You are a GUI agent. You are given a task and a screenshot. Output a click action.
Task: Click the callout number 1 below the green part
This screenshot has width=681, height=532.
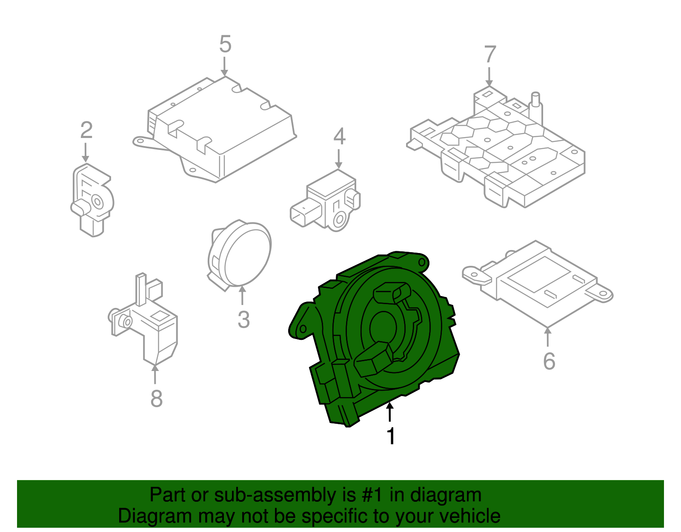tap(390, 436)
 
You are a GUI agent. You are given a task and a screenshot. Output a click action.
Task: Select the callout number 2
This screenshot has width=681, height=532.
tap(86, 130)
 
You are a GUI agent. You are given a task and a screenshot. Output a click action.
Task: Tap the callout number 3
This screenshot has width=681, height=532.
tap(243, 319)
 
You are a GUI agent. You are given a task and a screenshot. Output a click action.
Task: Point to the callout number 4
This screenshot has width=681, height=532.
tap(339, 136)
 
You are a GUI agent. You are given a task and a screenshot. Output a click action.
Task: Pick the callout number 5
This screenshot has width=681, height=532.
tap(225, 44)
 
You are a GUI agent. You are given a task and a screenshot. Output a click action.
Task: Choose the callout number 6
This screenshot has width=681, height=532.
tap(549, 361)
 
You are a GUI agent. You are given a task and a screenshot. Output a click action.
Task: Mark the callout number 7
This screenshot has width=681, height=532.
tap(490, 55)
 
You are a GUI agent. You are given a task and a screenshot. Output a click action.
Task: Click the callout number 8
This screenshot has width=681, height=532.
tap(156, 399)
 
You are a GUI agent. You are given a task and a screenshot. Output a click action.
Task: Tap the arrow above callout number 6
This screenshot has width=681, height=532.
tap(548, 336)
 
